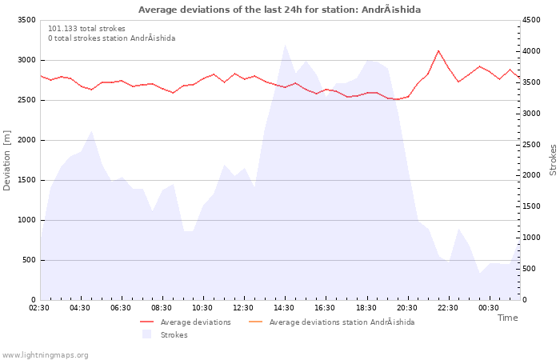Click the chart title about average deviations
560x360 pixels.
coord(279,10)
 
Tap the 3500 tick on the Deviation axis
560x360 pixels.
coord(26,20)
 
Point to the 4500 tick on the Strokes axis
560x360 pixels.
coord(531,20)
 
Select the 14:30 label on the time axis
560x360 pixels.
coord(284,308)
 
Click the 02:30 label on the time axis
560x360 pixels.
coord(39,308)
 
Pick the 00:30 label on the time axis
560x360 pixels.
coord(489,308)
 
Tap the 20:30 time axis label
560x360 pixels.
coord(406,308)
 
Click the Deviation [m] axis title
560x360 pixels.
coord(6,160)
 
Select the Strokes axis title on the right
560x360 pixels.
coord(553,160)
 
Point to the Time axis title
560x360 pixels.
coord(507,318)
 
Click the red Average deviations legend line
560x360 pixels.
coord(146,322)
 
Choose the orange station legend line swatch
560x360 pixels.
coord(255,322)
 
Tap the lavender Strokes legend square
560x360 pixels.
coord(146,334)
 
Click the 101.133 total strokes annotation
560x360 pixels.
coord(86,29)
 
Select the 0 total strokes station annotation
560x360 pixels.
coord(112,38)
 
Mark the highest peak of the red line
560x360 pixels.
coord(438,50)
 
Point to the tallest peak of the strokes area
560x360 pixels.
coord(285,45)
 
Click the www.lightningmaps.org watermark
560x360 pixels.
coord(45,355)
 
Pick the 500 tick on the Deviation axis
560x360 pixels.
coord(29,260)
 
